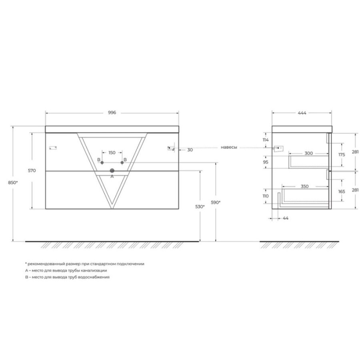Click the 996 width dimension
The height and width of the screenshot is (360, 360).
[x=112, y=112]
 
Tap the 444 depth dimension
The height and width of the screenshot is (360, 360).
[x=302, y=113]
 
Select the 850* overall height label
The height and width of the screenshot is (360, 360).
[x=13, y=182]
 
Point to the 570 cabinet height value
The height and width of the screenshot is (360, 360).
[x=32, y=170]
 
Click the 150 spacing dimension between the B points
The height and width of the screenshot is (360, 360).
[x=112, y=153]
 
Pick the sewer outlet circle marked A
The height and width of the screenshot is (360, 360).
[x=112, y=170]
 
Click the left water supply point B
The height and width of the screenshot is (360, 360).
[x=102, y=162]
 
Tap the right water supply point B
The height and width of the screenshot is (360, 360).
[x=122, y=162]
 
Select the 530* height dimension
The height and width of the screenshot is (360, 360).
[x=200, y=207]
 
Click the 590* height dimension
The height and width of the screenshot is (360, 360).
[x=216, y=202]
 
